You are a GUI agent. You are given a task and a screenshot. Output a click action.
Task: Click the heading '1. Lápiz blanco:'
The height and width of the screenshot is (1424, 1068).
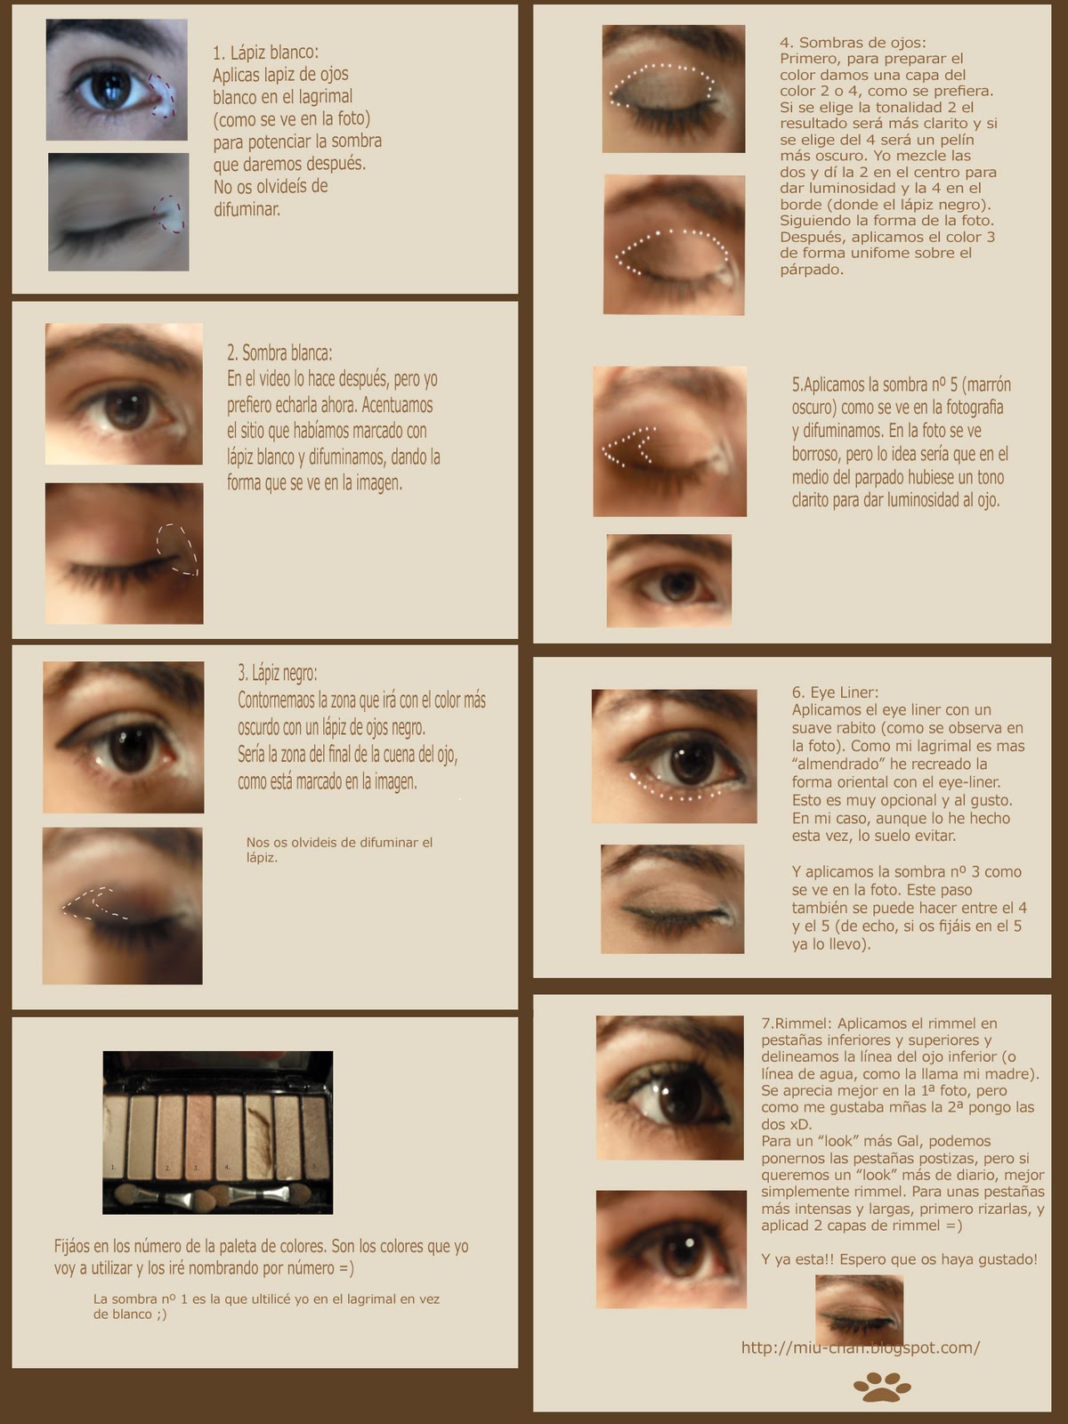265,53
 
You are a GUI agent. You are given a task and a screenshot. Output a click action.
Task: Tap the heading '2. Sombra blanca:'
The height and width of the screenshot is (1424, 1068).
279,353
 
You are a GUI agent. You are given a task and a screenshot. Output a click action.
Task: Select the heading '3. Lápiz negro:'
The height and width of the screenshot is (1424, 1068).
278,674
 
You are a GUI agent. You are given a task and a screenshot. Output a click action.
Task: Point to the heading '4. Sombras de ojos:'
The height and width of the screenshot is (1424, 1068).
853,43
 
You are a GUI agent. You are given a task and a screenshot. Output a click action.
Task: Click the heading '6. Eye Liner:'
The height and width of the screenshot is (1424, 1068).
835,692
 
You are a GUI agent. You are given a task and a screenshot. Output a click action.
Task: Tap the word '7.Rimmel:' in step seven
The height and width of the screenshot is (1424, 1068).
796,1023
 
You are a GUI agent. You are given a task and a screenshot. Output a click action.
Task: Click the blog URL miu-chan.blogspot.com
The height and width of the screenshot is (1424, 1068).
861,1347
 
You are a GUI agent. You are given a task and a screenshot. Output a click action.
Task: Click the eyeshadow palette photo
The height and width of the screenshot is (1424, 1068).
218,1132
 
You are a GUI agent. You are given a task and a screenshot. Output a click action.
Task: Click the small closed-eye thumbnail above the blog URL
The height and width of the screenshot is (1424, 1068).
859,1310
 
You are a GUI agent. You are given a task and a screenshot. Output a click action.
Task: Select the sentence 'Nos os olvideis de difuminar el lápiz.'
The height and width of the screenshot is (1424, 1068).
339,850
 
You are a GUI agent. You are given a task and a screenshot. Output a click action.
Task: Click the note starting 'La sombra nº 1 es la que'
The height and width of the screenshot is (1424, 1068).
266,1307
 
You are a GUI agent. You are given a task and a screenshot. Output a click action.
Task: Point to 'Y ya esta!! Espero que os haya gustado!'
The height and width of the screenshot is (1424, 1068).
900,1259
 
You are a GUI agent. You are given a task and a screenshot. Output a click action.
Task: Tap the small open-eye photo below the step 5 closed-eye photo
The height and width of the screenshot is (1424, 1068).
669,580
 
